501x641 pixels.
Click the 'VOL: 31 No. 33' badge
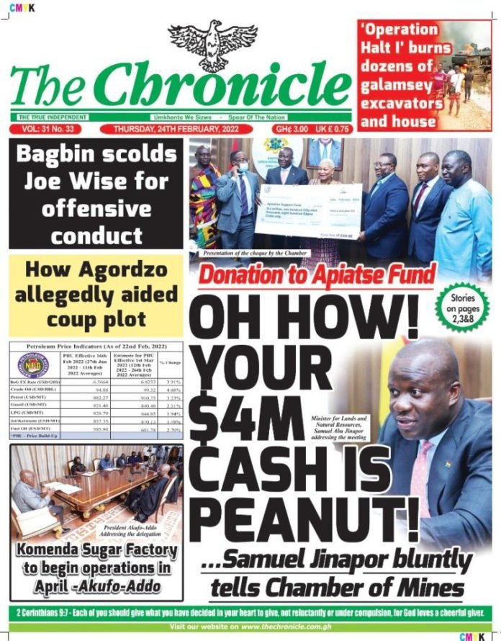coord(45,130)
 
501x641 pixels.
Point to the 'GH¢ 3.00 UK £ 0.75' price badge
coord(312,130)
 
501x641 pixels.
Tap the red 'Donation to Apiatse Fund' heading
coord(317,274)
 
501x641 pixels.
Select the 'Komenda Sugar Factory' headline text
coord(97,550)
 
